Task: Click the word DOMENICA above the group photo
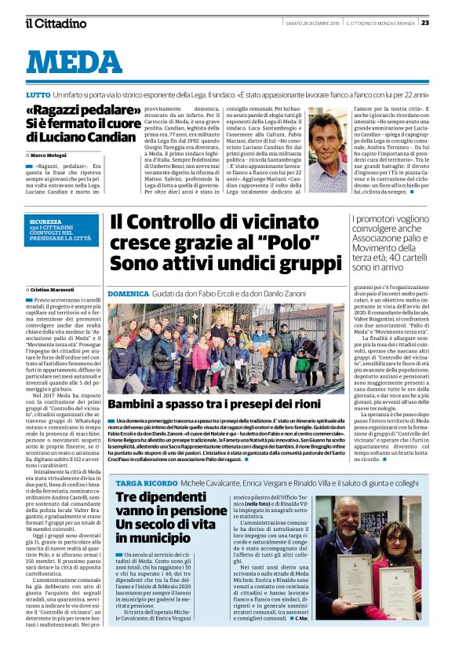point(128,292)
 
